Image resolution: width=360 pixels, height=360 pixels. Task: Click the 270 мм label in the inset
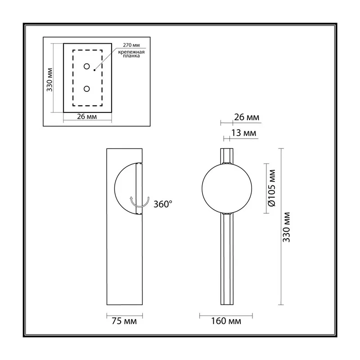[x=131, y=45]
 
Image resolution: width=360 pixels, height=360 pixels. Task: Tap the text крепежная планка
[x=131, y=54]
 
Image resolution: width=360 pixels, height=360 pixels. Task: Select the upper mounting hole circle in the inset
[x=86, y=66]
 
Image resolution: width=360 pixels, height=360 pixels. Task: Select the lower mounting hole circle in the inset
[x=86, y=89]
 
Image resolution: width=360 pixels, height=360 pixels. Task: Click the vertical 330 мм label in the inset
[x=49, y=80]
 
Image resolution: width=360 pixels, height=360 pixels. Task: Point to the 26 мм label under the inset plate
[x=87, y=117]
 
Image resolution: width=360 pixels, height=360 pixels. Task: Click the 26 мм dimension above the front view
[x=247, y=117]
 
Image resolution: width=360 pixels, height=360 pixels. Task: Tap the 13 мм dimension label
[x=243, y=133]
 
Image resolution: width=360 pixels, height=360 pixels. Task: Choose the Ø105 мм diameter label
[x=272, y=188]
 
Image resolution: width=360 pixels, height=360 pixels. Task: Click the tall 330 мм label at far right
[x=287, y=227]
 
